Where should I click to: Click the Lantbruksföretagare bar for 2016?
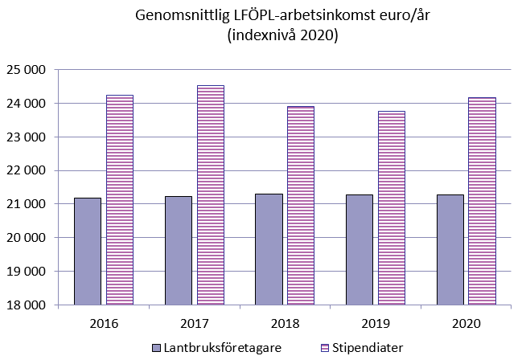87,251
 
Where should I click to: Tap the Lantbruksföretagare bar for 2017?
178,250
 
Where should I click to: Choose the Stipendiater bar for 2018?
301,205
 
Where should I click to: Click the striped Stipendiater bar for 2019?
392,207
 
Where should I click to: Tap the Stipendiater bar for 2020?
483,201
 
